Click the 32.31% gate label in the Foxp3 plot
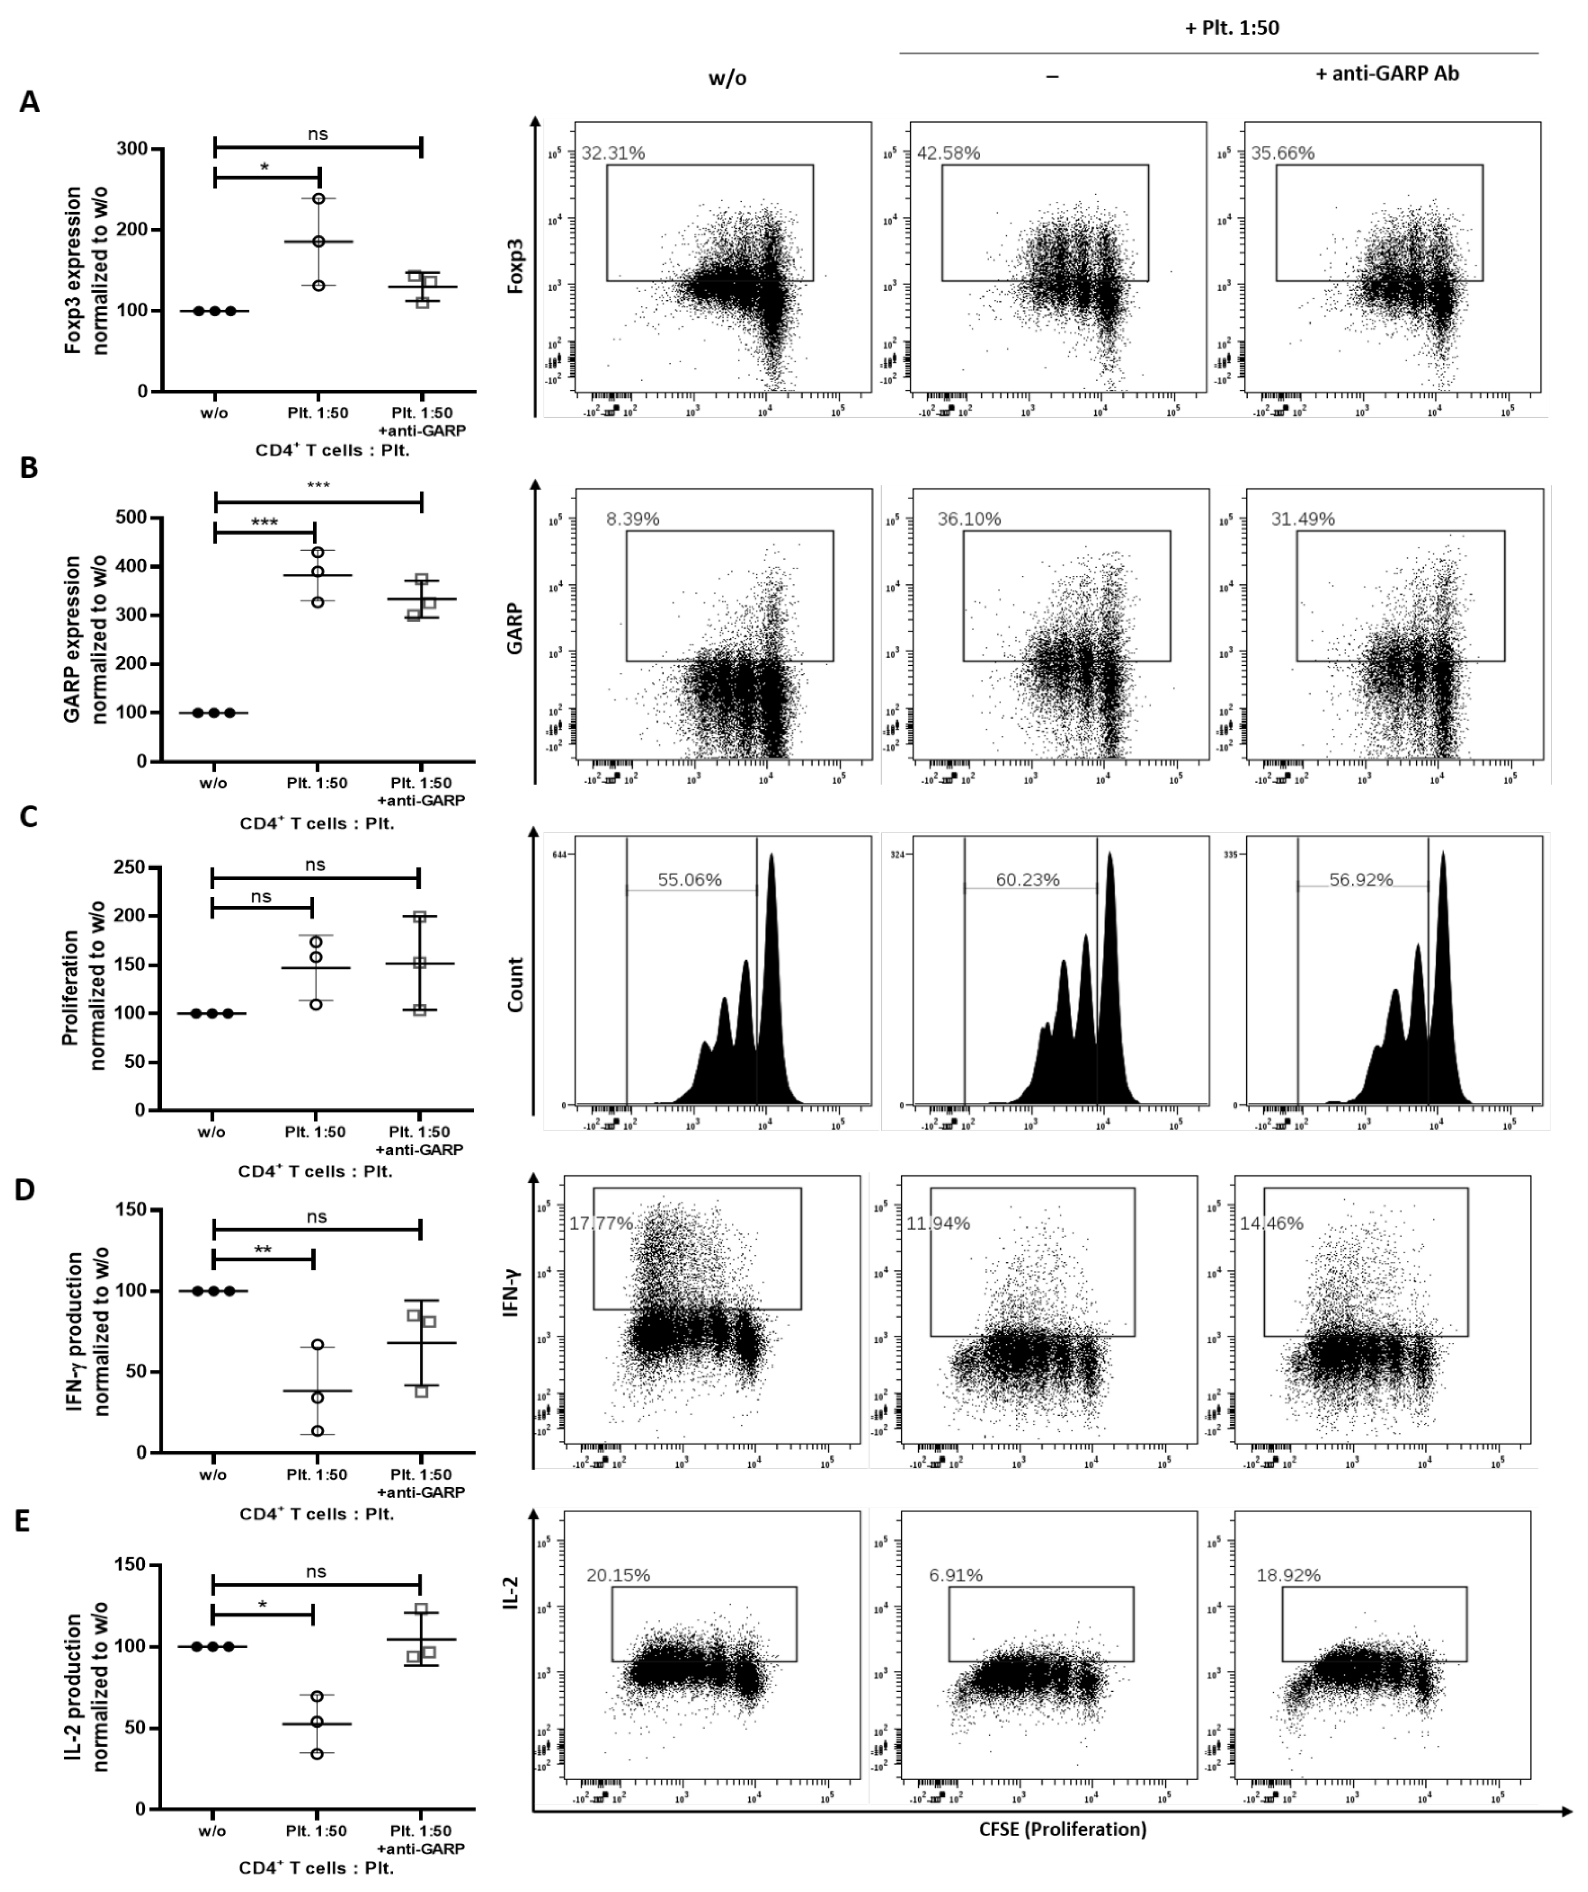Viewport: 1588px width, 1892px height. [613, 153]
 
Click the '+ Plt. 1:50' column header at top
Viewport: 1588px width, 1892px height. [1232, 28]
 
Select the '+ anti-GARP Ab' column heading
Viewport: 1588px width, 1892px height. [1387, 74]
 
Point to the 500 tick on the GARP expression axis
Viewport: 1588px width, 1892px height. [131, 518]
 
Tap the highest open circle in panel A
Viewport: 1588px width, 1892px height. [318, 198]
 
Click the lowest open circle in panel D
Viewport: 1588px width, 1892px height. [317, 1431]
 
